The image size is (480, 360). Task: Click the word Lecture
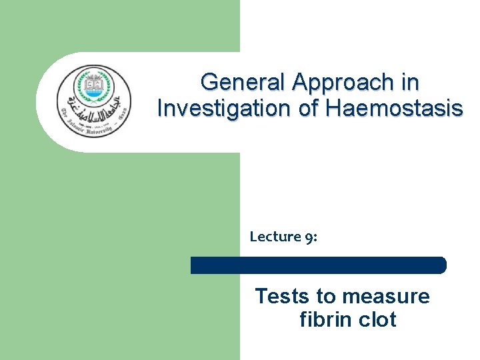tap(273, 236)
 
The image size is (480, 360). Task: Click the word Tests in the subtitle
tap(277, 296)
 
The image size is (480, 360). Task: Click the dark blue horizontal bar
tap(318, 265)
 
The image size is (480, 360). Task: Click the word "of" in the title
tap(307, 107)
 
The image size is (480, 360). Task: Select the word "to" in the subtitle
tap(324, 296)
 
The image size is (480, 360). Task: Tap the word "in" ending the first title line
tap(410, 83)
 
